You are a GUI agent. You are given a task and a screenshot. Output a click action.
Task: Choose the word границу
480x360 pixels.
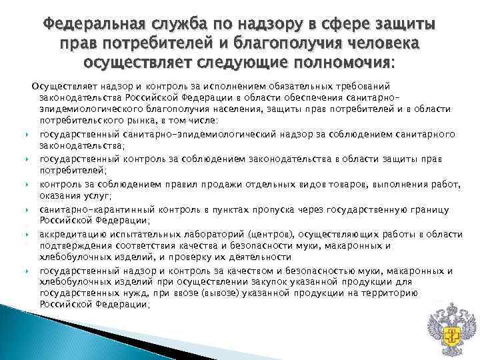435,209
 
